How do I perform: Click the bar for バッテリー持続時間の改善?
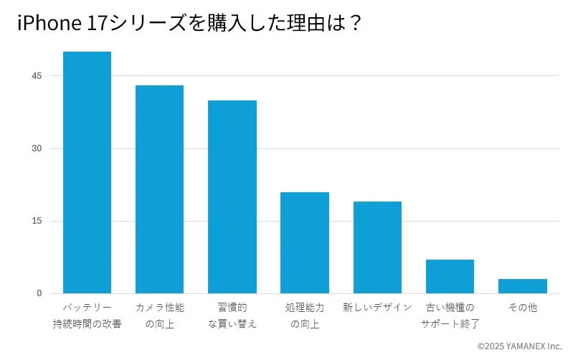pos(87,172)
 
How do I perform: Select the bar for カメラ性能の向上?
pos(159,189)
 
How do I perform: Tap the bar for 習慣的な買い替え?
pos(232,196)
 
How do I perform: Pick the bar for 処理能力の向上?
pos(305,242)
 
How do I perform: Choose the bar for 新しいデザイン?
pos(377,247)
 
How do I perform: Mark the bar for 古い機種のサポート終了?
pos(450,276)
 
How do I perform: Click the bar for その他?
pos(522,286)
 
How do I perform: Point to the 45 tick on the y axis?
pos(37,76)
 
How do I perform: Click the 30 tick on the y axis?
pos(37,148)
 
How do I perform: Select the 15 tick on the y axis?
pos(37,221)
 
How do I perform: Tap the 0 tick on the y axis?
pos(39,293)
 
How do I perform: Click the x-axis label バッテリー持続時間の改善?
pos(87,316)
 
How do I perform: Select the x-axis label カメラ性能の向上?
pos(159,316)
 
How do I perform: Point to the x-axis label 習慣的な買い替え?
pos(232,316)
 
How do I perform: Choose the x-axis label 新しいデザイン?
pos(377,308)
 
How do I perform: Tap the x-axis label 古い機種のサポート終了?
pos(450,316)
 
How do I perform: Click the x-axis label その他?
pos(522,308)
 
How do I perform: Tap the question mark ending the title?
pos(354,24)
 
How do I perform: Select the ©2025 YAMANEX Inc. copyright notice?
pos(519,346)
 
